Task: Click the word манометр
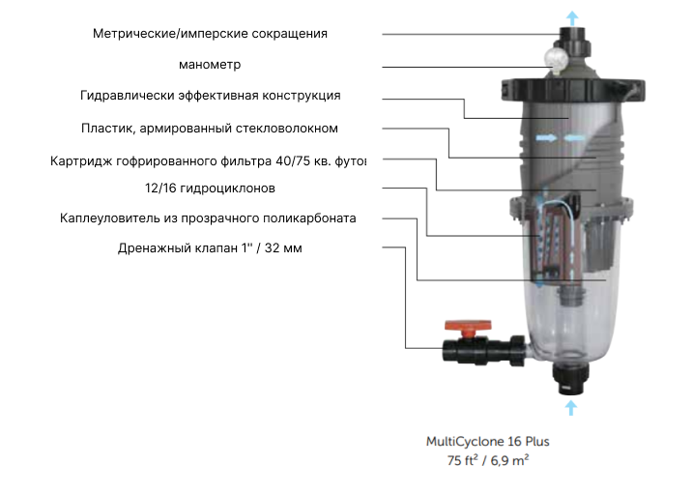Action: pos(210,65)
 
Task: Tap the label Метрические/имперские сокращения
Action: pos(210,34)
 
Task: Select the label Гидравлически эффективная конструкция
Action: pos(210,96)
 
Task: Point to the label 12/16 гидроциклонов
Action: pos(210,189)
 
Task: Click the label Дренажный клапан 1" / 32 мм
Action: pos(210,248)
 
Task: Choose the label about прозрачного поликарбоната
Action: pos(208,218)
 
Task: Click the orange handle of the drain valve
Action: pos(468,327)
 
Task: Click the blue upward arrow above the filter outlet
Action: pos(572,18)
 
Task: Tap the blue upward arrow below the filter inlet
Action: pos(571,407)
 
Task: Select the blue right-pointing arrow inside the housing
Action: pos(546,138)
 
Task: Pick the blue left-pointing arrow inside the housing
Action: pos(574,138)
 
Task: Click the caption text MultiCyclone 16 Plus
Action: pos(488,442)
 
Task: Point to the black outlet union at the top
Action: pos(572,41)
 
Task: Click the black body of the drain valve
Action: pos(484,351)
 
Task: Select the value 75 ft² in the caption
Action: pos(463,460)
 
